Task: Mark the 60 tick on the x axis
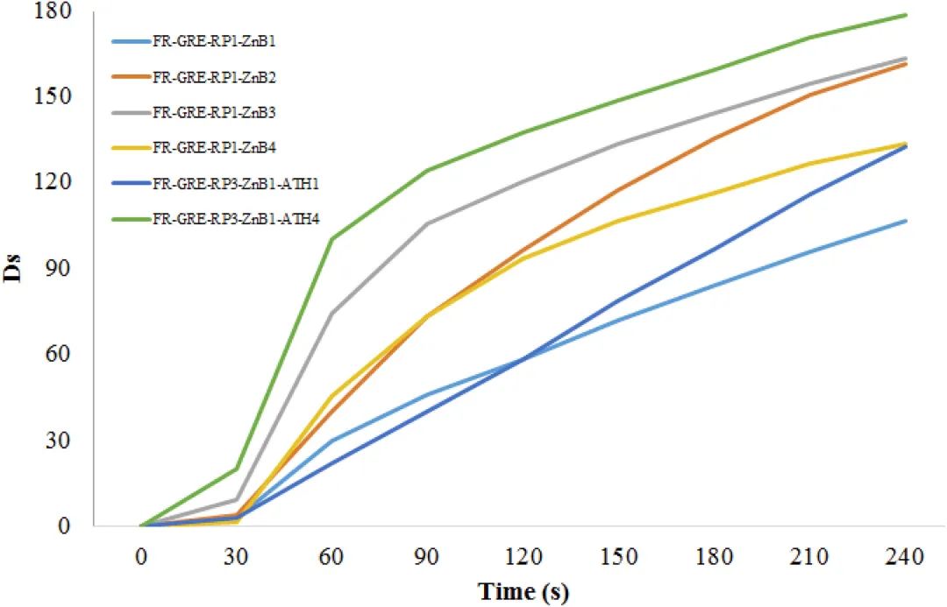[x=331, y=556]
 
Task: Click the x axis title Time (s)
[x=523, y=592]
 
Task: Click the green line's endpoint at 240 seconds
[x=906, y=15]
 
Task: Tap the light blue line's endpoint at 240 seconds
[x=906, y=221]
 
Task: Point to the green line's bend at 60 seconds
[x=331, y=239]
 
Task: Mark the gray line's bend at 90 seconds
[x=427, y=224]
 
